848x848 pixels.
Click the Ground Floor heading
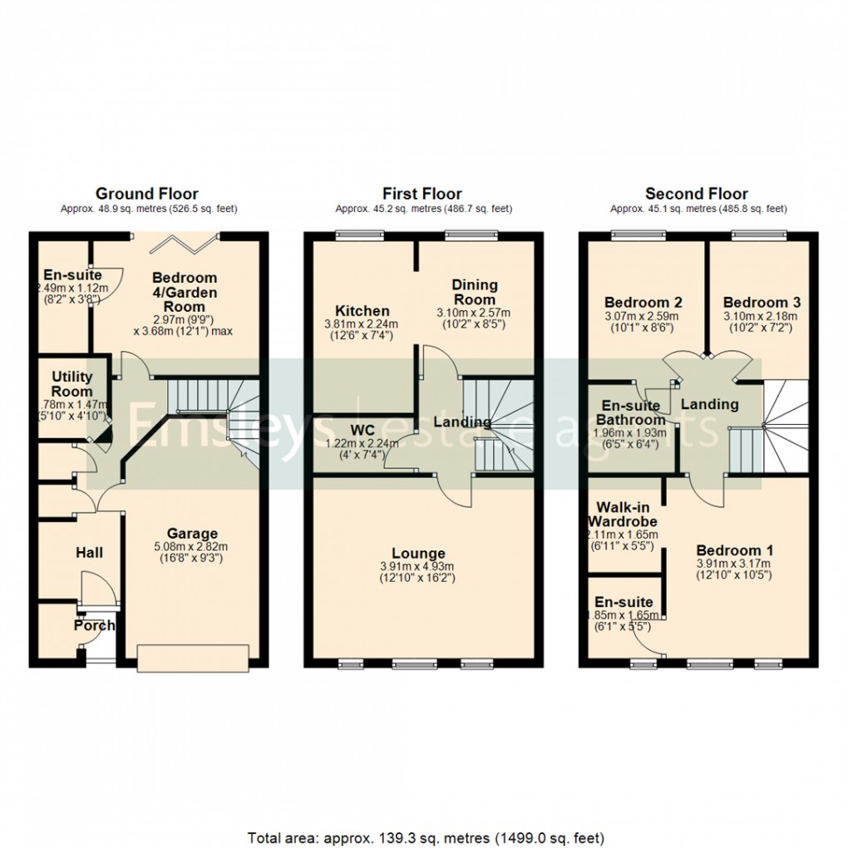click(147, 194)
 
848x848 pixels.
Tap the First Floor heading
click(422, 194)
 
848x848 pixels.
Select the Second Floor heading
click(697, 194)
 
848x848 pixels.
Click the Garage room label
click(192, 534)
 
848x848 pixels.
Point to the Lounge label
click(419, 554)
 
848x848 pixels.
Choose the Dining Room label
click(475, 292)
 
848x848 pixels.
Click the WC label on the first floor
click(362, 431)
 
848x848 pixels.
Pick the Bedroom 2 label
click(643, 303)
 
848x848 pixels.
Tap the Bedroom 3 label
click(762, 303)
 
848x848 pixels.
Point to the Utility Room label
click(72, 384)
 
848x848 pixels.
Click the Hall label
click(90, 553)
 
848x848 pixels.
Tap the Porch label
click(93, 626)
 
